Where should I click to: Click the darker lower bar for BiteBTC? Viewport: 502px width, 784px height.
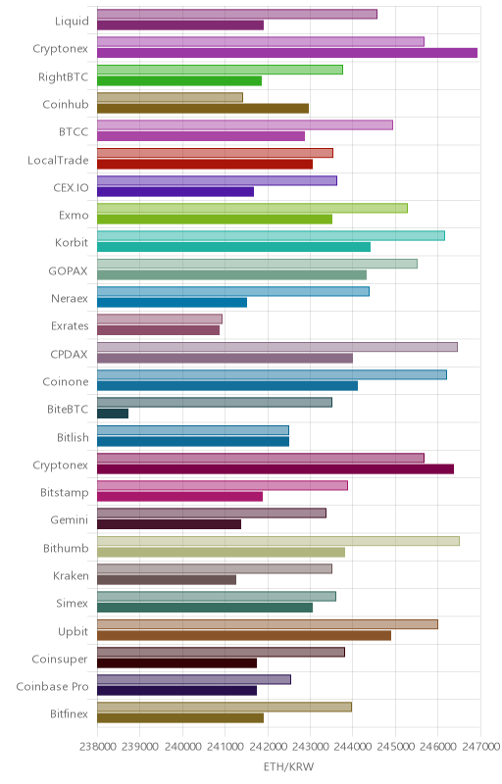113,414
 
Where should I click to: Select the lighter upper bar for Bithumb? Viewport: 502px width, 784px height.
278,541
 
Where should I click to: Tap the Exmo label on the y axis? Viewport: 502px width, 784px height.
74,215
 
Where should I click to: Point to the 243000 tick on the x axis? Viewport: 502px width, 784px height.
310,746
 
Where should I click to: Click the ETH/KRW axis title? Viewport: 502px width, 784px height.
288,766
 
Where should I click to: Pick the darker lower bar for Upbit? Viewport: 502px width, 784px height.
244,635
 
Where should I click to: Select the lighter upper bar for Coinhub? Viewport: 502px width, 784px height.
170,97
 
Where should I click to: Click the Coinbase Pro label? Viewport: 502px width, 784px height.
53,687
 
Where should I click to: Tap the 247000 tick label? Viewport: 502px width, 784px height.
480,746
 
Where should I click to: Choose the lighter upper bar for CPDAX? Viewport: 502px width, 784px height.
277,347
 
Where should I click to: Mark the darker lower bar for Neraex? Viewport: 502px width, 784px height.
172,303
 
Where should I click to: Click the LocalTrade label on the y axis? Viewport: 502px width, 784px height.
58,160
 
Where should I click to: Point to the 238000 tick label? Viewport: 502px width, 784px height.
97,746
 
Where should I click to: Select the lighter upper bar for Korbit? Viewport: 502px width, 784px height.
271,235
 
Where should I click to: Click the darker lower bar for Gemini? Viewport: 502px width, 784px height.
169,524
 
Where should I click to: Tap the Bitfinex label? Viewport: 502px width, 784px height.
69,714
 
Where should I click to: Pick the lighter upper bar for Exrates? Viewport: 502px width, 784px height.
160,319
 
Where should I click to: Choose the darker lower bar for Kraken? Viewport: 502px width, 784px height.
167,579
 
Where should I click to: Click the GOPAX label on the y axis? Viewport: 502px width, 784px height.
68,271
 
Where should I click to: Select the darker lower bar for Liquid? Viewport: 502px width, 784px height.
180,25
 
